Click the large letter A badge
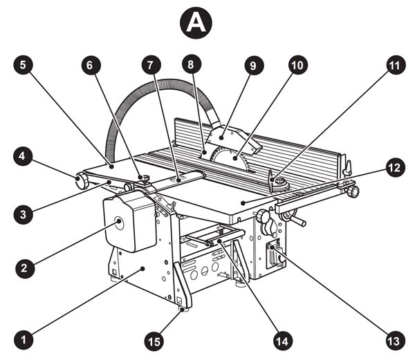pyautogui.click(x=196, y=23)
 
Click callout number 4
pyautogui.click(x=23, y=156)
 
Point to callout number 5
pyautogui.click(x=24, y=64)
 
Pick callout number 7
pyautogui.click(x=151, y=64)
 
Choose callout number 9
pyautogui.click(x=253, y=65)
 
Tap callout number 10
pyautogui.click(x=297, y=64)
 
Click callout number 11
pyautogui.click(x=396, y=64)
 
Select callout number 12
pyautogui.click(x=395, y=168)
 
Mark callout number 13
pyautogui.click(x=395, y=340)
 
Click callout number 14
pyautogui.click(x=283, y=341)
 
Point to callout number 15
pyautogui.click(x=154, y=341)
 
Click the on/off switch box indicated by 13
pyautogui.click(x=275, y=254)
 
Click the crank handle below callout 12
pyautogui.click(x=295, y=218)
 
